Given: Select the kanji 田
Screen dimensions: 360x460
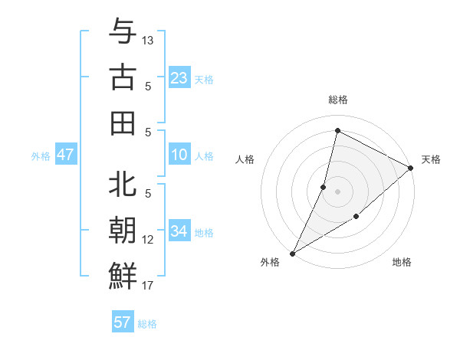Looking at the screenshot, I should (123, 123).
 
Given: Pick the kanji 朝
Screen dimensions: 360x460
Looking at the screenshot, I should (123, 230).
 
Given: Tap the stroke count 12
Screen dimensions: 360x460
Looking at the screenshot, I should (148, 240).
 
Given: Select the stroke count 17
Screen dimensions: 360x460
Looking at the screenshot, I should (148, 286).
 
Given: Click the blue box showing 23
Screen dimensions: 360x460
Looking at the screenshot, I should (179, 77).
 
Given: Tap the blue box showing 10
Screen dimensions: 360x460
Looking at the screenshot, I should (179, 155).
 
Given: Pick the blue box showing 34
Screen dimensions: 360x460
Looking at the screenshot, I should (179, 231).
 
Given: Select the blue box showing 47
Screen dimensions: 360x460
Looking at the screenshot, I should (66, 155).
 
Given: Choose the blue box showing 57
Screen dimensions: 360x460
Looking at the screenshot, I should (123, 322).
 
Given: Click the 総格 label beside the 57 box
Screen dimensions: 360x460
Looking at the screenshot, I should (147, 324).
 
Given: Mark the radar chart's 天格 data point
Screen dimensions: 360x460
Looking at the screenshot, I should (411, 169).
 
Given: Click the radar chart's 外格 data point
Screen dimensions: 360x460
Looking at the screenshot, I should (292, 253).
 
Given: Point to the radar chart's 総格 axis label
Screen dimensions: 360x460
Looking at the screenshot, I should (337, 100).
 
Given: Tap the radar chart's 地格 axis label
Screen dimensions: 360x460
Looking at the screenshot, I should (402, 262).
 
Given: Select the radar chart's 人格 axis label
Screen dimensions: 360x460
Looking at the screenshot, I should (245, 159).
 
